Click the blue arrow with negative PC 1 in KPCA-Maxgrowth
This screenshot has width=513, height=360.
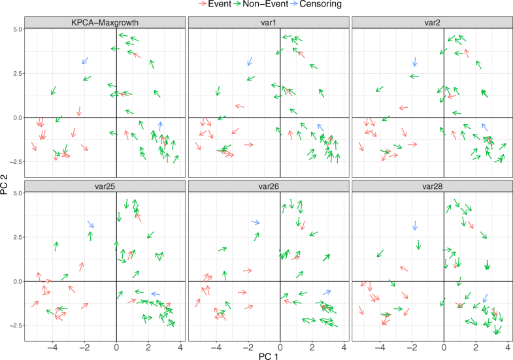85,61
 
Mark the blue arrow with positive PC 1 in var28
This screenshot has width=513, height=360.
485,298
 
